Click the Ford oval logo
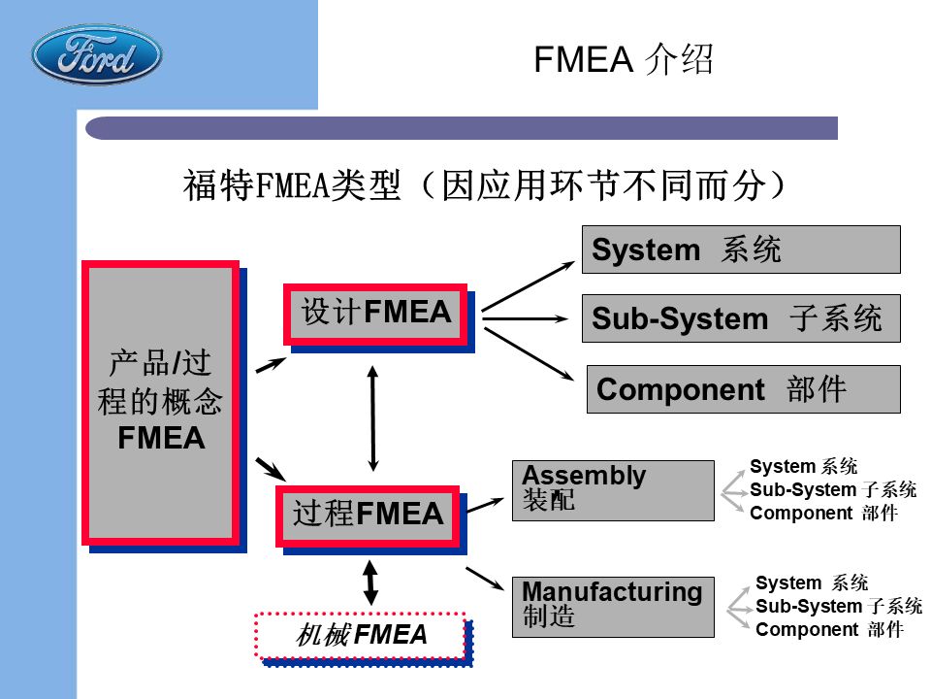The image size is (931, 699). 96,55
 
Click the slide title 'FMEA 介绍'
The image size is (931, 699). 624,60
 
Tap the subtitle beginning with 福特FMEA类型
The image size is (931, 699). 482,185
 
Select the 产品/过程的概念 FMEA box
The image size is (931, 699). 161,402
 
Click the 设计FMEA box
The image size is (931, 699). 375,314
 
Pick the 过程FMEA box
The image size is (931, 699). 370,515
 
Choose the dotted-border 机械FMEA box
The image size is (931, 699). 361,636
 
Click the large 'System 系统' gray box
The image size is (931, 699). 741,250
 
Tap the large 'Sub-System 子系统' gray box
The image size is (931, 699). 741,318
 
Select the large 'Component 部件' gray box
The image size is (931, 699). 743,389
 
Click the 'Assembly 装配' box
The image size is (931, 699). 613,490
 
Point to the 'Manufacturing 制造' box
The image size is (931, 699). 613,606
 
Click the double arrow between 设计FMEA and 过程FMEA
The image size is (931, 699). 372,417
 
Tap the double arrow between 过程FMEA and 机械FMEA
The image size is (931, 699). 369,582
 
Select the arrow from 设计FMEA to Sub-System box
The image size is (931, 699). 528,316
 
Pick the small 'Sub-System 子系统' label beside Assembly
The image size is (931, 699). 832,489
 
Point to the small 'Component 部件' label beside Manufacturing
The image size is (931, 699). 829,629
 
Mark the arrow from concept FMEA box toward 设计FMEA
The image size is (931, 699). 271,365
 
